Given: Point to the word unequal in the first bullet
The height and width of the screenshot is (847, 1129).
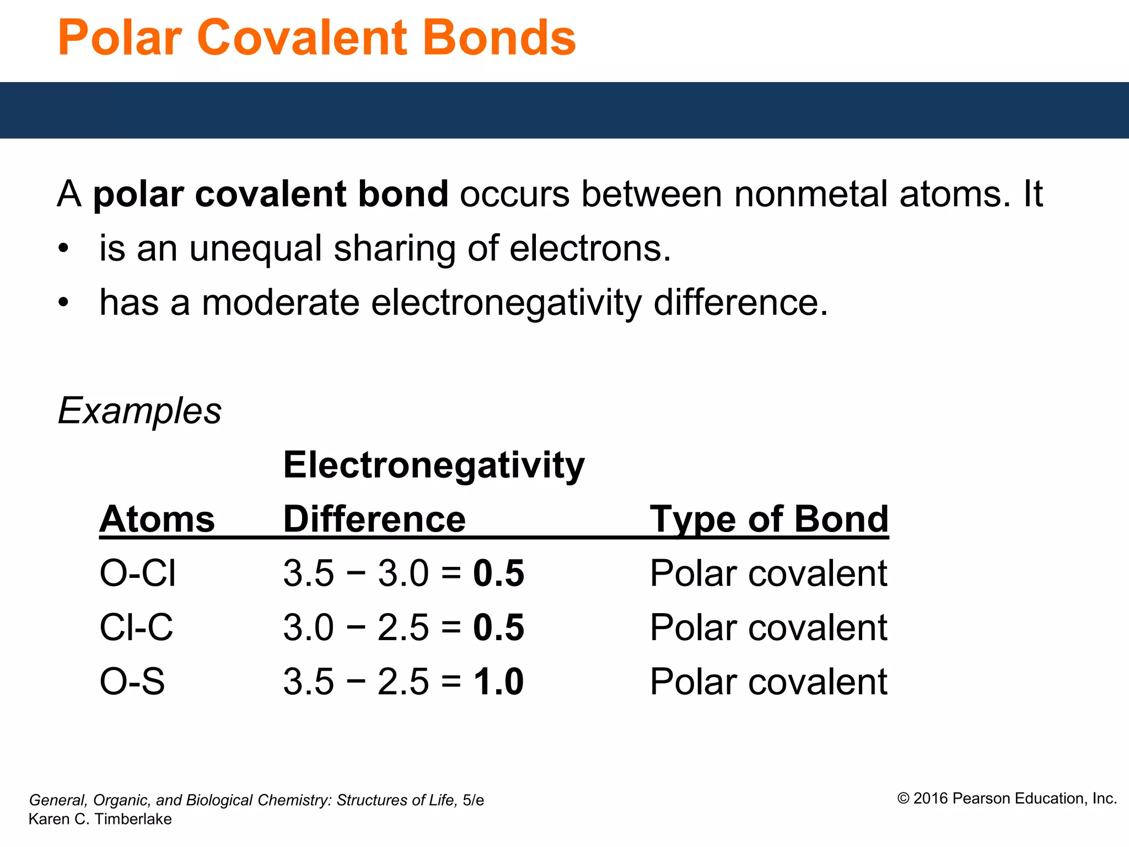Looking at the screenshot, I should coord(255,249).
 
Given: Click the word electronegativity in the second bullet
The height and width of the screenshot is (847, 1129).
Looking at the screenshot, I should coord(506,303).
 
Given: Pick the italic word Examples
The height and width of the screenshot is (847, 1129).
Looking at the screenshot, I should coord(139,411).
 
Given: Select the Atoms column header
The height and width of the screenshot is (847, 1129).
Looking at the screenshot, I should coord(157,519).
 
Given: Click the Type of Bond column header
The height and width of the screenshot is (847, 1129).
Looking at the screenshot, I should coord(769,519).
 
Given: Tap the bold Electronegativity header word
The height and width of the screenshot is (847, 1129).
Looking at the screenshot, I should coord(434,465).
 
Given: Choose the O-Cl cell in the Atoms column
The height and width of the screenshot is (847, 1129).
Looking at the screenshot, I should coord(138,573).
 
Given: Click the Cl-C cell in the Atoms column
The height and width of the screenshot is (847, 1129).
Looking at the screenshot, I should coord(136,627).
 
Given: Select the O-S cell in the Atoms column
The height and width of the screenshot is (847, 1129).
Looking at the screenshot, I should coord(132,681).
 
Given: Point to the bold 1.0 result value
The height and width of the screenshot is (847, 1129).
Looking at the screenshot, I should coord(498,682).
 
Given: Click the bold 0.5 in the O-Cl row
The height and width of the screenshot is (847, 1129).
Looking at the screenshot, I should coord(498,573).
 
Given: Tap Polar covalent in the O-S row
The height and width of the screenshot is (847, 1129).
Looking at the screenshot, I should coord(768,682).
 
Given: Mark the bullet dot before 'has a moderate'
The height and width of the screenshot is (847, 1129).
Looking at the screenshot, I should coord(64,303).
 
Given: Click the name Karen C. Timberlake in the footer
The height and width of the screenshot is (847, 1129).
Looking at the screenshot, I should coord(100,819).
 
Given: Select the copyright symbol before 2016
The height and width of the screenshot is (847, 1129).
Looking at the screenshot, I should coord(903,798).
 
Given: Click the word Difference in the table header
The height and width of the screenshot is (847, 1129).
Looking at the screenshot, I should coord(374,519).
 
